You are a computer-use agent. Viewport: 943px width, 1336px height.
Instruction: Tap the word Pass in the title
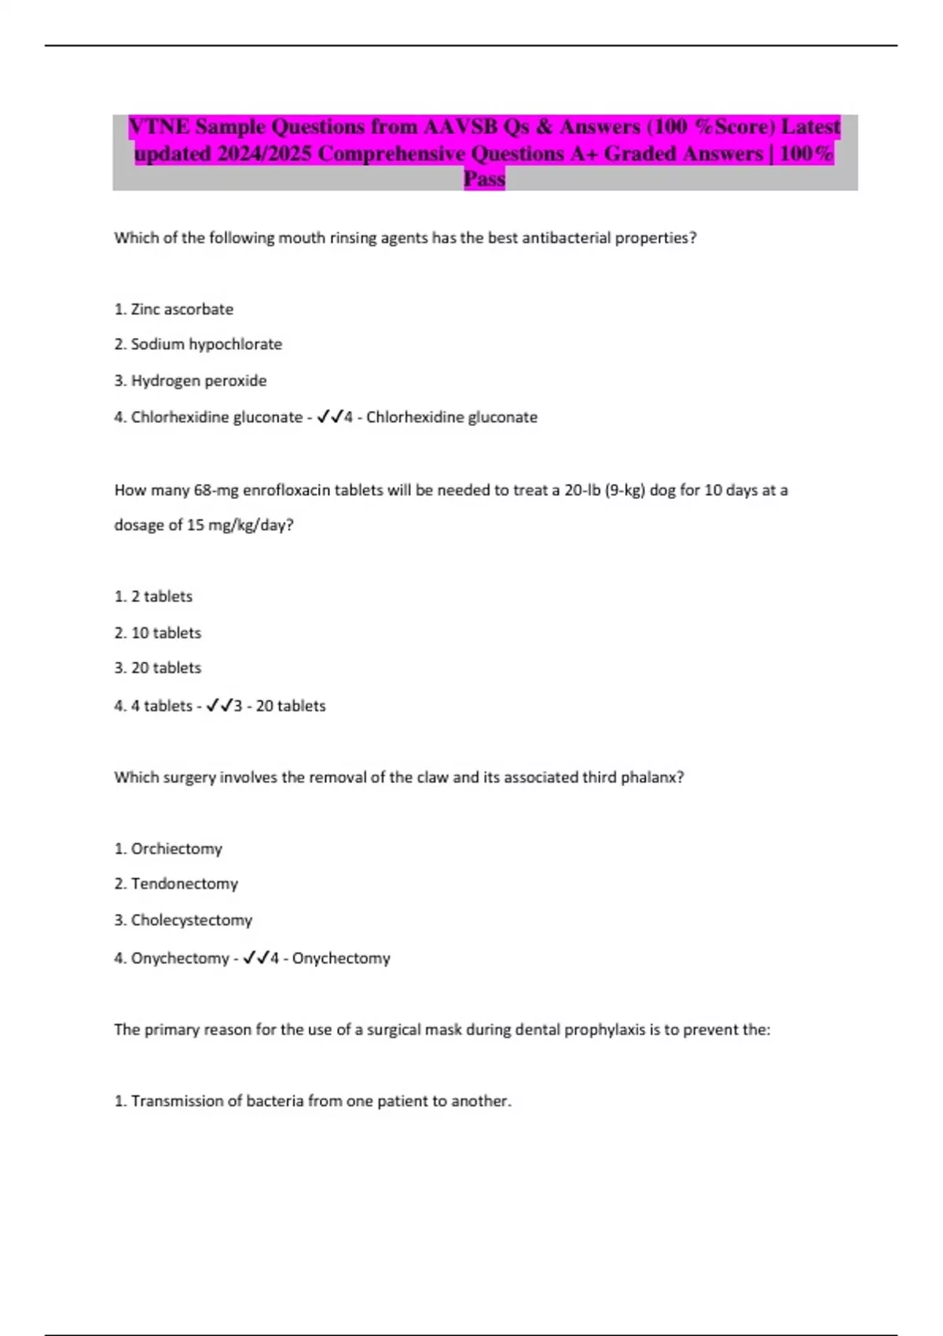484,179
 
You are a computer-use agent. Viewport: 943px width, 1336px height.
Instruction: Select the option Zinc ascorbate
182,310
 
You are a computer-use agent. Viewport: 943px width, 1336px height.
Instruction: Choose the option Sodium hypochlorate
206,344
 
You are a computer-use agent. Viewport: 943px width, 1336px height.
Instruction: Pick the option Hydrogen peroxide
198,380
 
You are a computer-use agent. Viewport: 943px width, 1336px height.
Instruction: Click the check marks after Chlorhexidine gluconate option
329,417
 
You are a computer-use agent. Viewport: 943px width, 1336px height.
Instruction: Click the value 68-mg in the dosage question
215,490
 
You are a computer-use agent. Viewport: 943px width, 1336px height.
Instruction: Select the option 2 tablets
161,596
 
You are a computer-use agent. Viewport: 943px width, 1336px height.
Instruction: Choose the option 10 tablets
166,633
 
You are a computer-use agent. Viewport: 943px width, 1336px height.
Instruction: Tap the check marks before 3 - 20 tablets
218,706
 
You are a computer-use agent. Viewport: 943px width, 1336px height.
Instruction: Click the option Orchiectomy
176,849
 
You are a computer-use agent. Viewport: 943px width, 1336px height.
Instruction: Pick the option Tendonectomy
184,884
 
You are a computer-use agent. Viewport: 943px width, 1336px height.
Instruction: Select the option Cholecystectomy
191,920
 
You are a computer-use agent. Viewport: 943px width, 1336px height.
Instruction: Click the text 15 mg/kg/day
239,525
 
